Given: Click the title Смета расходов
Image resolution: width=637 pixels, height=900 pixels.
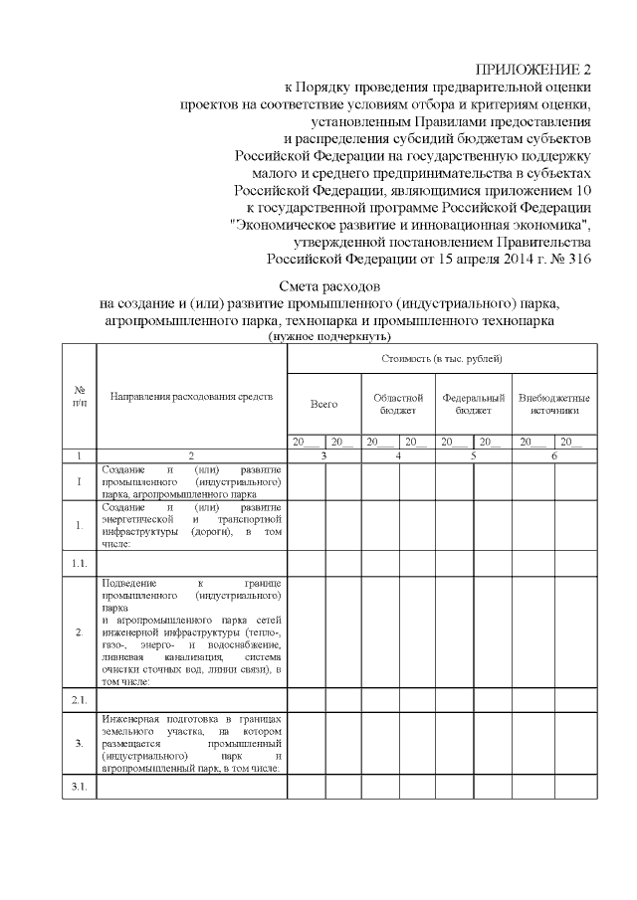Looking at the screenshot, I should pos(329,285).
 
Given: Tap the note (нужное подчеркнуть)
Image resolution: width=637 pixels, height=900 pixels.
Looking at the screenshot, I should pos(329,337).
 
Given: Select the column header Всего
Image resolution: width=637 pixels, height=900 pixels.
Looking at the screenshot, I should pos(323,405).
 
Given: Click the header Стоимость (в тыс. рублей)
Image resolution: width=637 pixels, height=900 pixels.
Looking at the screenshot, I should pos(442,357).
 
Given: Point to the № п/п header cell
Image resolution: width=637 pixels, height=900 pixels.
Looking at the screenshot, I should pos(79,396).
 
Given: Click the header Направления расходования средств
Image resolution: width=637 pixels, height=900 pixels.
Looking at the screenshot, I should pos(191,397).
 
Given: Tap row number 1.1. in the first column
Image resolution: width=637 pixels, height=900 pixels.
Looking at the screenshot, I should pos(79,563).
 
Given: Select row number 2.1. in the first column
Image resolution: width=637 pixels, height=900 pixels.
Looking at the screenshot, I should pos(79,700).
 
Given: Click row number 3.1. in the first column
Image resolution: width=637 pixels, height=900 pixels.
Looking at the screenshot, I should pos(79,788).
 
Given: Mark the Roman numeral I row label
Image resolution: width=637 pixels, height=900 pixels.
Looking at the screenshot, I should pos(79,480).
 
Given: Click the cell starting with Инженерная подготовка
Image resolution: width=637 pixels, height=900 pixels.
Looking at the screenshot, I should pos(191,743).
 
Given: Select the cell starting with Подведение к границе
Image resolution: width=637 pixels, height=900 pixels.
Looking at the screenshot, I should pos(191,631).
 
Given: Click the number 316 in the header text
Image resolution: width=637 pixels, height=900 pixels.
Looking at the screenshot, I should pos(577,259).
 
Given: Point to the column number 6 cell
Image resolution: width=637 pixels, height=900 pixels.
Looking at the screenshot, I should pos(554,454).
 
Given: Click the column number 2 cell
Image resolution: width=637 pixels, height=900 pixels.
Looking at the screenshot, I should pos(191,454).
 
